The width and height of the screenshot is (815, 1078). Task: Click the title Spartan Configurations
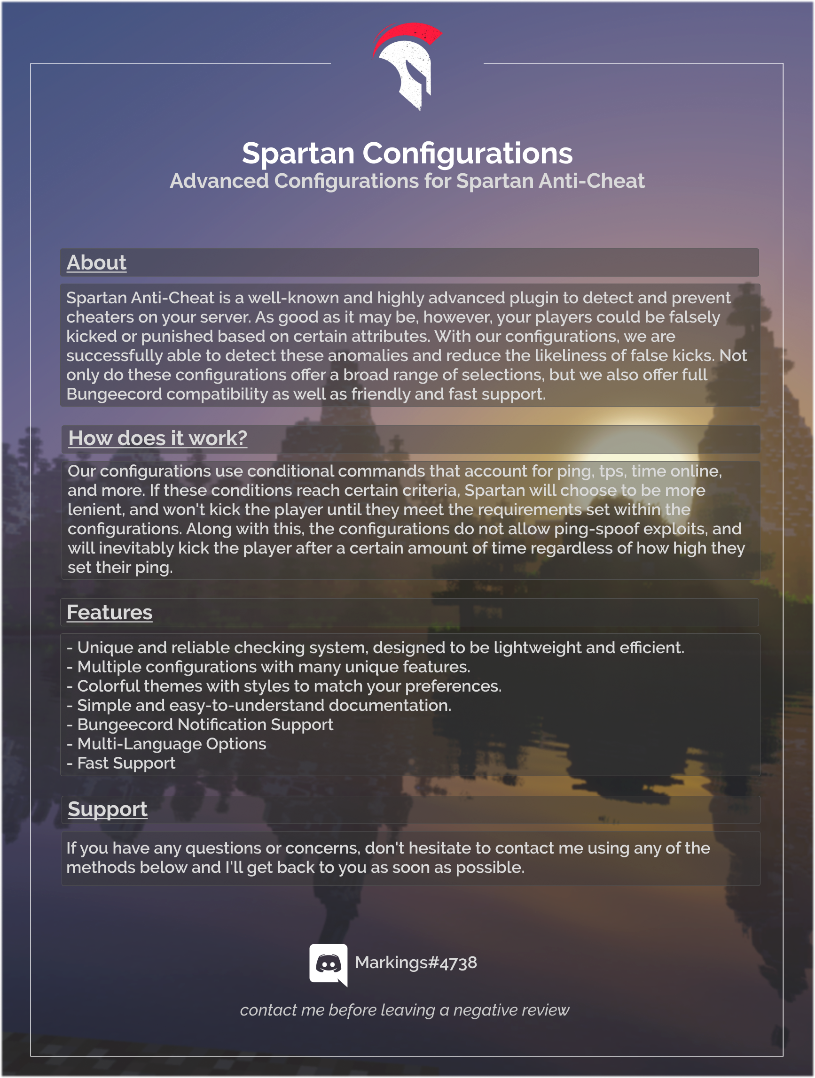point(407,153)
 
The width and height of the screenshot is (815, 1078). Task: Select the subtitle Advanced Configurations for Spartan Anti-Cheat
point(407,181)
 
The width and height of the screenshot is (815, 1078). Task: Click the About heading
point(96,262)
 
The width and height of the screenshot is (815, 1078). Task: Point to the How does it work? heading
point(157,438)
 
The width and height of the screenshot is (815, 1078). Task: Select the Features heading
point(110,613)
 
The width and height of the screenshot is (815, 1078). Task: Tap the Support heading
point(108,809)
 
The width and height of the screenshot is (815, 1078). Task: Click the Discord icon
point(328,963)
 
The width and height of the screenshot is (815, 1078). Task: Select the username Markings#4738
point(416,963)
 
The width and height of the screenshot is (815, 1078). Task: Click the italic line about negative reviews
point(404,1010)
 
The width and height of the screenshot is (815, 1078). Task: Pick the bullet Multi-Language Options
point(172,744)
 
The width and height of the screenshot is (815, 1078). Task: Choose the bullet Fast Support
point(126,763)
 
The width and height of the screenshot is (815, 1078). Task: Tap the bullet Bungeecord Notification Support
point(205,724)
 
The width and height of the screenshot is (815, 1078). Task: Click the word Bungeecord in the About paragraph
point(114,394)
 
